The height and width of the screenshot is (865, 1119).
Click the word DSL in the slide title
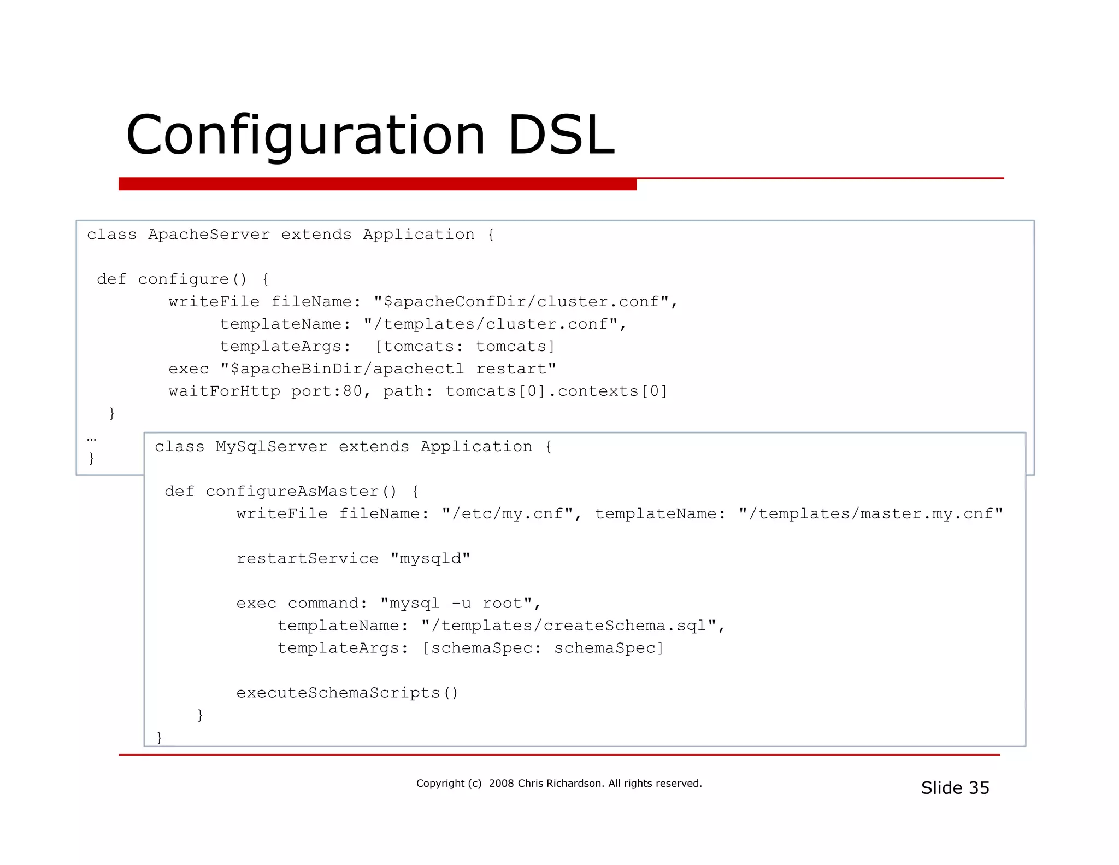click(x=561, y=135)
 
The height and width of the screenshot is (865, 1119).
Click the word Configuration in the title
click(x=305, y=136)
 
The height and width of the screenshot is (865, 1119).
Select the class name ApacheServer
click(x=209, y=235)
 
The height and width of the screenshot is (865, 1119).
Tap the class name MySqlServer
click(x=271, y=447)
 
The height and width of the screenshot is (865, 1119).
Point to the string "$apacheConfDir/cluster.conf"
click(x=521, y=302)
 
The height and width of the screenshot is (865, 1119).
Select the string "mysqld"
click(x=430, y=558)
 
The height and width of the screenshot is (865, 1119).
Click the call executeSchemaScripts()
click(x=347, y=693)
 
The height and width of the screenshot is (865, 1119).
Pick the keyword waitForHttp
click(x=224, y=391)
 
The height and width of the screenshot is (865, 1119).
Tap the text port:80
click(x=326, y=391)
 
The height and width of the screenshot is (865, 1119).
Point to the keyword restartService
click(x=307, y=558)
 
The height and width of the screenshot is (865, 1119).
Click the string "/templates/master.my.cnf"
click(x=871, y=514)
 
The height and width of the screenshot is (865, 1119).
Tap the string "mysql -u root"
click(x=456, y=603)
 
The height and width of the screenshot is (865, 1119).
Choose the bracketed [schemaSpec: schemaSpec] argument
click(x=543, y=648)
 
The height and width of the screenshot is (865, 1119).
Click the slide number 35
click(x=978, y=788)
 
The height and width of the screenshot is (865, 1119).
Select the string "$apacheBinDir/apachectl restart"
click(x=388, y=369)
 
